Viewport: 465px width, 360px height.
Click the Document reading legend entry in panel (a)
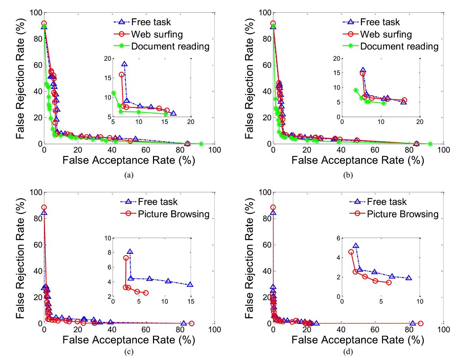(x=170, y=46)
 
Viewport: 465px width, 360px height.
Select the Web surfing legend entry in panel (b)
(x=386, y=34)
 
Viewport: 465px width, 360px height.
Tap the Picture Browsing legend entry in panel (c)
(x=173, y=214)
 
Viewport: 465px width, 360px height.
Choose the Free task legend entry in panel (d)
(x=387, y=202)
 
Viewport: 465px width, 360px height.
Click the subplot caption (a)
(x=129, y=175)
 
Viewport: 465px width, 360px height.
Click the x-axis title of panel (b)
(x=358, y=160)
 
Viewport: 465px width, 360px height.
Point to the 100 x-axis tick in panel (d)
(x=444, y=329)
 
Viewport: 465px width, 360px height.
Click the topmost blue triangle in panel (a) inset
(x=124, y=64)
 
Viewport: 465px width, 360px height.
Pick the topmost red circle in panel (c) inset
(x=126, y=258)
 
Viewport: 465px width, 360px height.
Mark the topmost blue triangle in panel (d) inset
(x=356, y=246)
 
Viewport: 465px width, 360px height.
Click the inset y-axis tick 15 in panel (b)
(x=337, y=73)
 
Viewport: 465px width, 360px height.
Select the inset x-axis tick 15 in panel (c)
(x=191, y=302)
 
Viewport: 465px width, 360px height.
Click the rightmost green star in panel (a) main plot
(x=201, y=144)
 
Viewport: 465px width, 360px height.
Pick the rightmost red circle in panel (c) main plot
(x=192, y=323)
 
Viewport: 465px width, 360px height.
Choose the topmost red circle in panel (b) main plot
(x=273, y=24)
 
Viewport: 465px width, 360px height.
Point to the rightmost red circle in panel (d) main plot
(x=421, y=323)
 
